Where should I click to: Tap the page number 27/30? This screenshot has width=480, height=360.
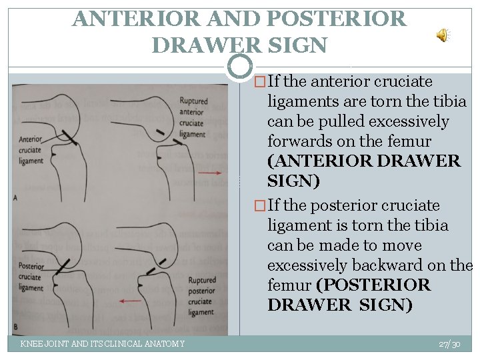pyautogui.click(x=449, y=343)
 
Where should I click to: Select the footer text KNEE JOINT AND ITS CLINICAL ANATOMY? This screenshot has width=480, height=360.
pyautogui.click(x=103, y=343)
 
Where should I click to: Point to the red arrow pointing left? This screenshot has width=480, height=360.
pyautogui.click(x=131, y=301)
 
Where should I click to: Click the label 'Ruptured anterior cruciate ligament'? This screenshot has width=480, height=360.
pyautogui.click(x=193, y=117)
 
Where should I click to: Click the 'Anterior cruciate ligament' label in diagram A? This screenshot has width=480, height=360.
pyautogui.click(x=31, y=151)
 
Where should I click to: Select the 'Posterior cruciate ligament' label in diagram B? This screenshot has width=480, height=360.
pyautogui.click(x=31, y=277)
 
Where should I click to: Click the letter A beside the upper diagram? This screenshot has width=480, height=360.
pyautogui.click(x=15, y=197)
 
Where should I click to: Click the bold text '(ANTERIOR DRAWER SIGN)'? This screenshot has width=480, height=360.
pyautogui.click(x=363, y=171)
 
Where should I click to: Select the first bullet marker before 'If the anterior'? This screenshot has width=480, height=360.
pyautogui.click(x=261, y=82)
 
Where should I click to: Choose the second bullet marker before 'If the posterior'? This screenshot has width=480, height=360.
pyautogui.click(x=261, y=206)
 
